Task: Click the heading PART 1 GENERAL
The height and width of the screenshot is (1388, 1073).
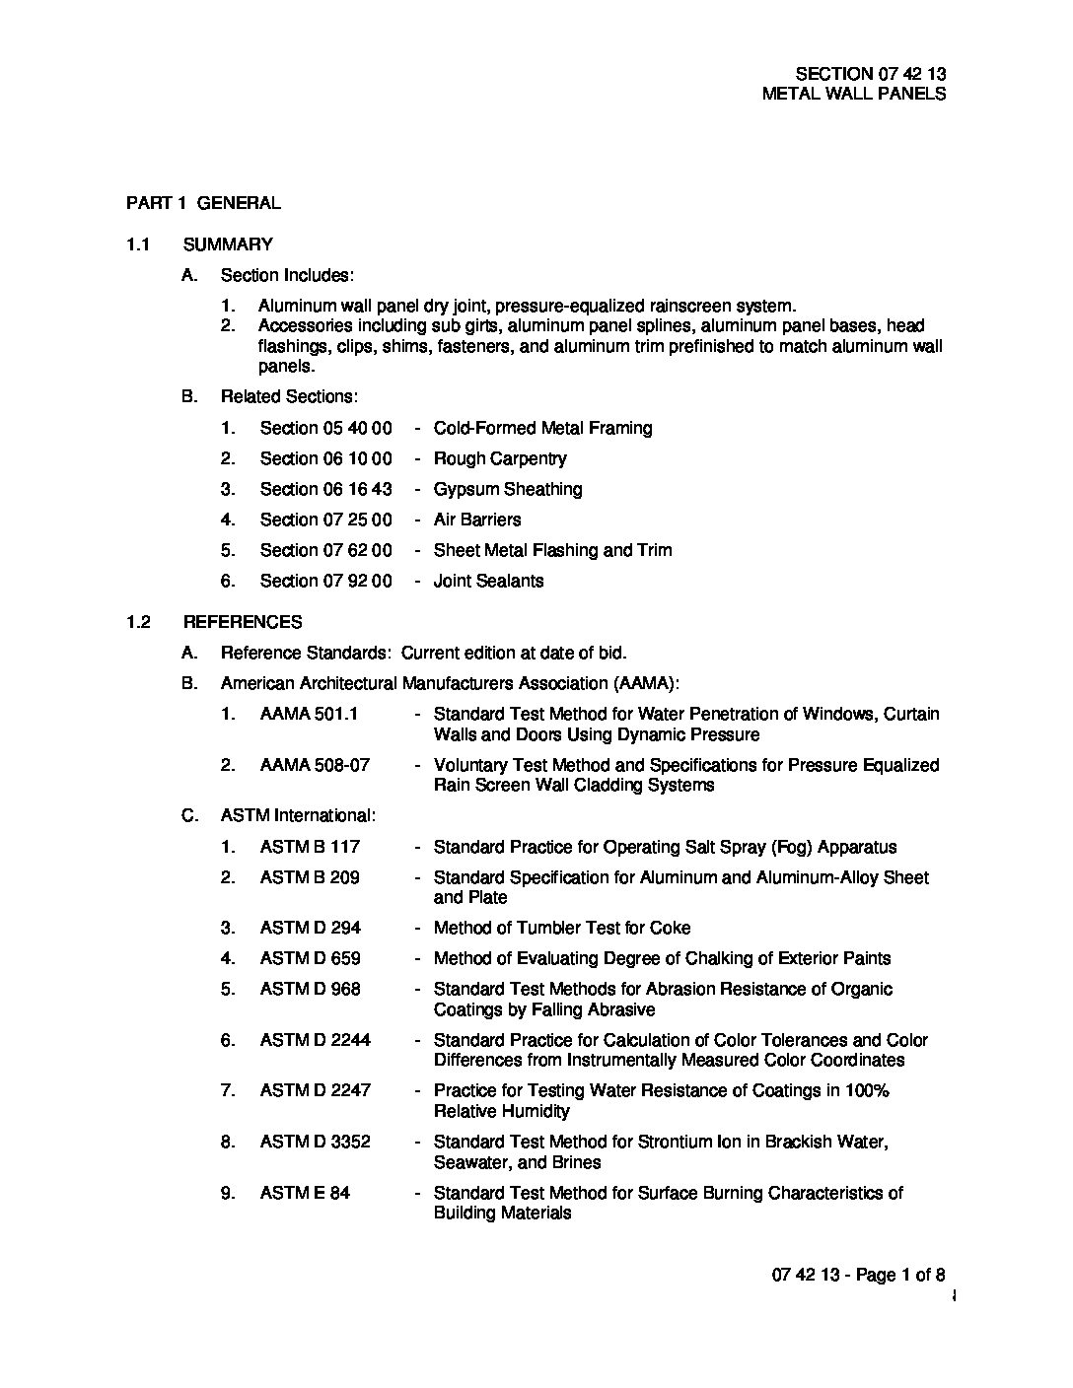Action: (203, 203)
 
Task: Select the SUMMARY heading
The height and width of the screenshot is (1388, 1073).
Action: (228, 244)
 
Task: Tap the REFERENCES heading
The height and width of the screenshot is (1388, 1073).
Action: (243, 622)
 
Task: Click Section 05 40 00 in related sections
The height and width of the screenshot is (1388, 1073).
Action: (325, 428)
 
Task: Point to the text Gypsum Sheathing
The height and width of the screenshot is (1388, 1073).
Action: (508, 489)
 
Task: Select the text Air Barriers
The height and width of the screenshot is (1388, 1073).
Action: (477, 520)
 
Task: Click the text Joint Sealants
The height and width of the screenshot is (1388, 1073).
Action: (488, 581)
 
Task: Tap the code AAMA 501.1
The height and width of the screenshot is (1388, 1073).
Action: (309, 714)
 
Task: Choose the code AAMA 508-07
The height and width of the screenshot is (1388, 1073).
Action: (315, 765)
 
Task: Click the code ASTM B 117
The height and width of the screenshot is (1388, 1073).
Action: (310, 847)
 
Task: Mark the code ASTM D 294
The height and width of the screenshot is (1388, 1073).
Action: (311, 928)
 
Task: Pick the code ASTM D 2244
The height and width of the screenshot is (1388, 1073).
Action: (316, 1040)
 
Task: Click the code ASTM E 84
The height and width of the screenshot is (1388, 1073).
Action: (305, 1193)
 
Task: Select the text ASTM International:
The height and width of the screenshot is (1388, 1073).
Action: (298, 816)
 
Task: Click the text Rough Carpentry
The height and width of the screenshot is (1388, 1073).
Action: (500, 458)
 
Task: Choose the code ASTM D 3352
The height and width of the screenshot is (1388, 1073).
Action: (316, 1142)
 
